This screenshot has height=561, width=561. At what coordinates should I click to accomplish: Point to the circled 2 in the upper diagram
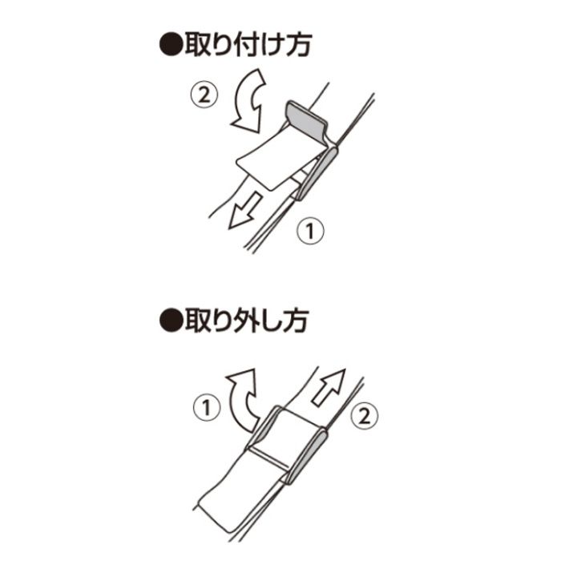coord(203,95)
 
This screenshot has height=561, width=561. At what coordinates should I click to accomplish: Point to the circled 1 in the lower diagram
coord(207,409)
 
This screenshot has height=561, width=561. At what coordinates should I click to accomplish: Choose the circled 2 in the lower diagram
coord(363,418)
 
